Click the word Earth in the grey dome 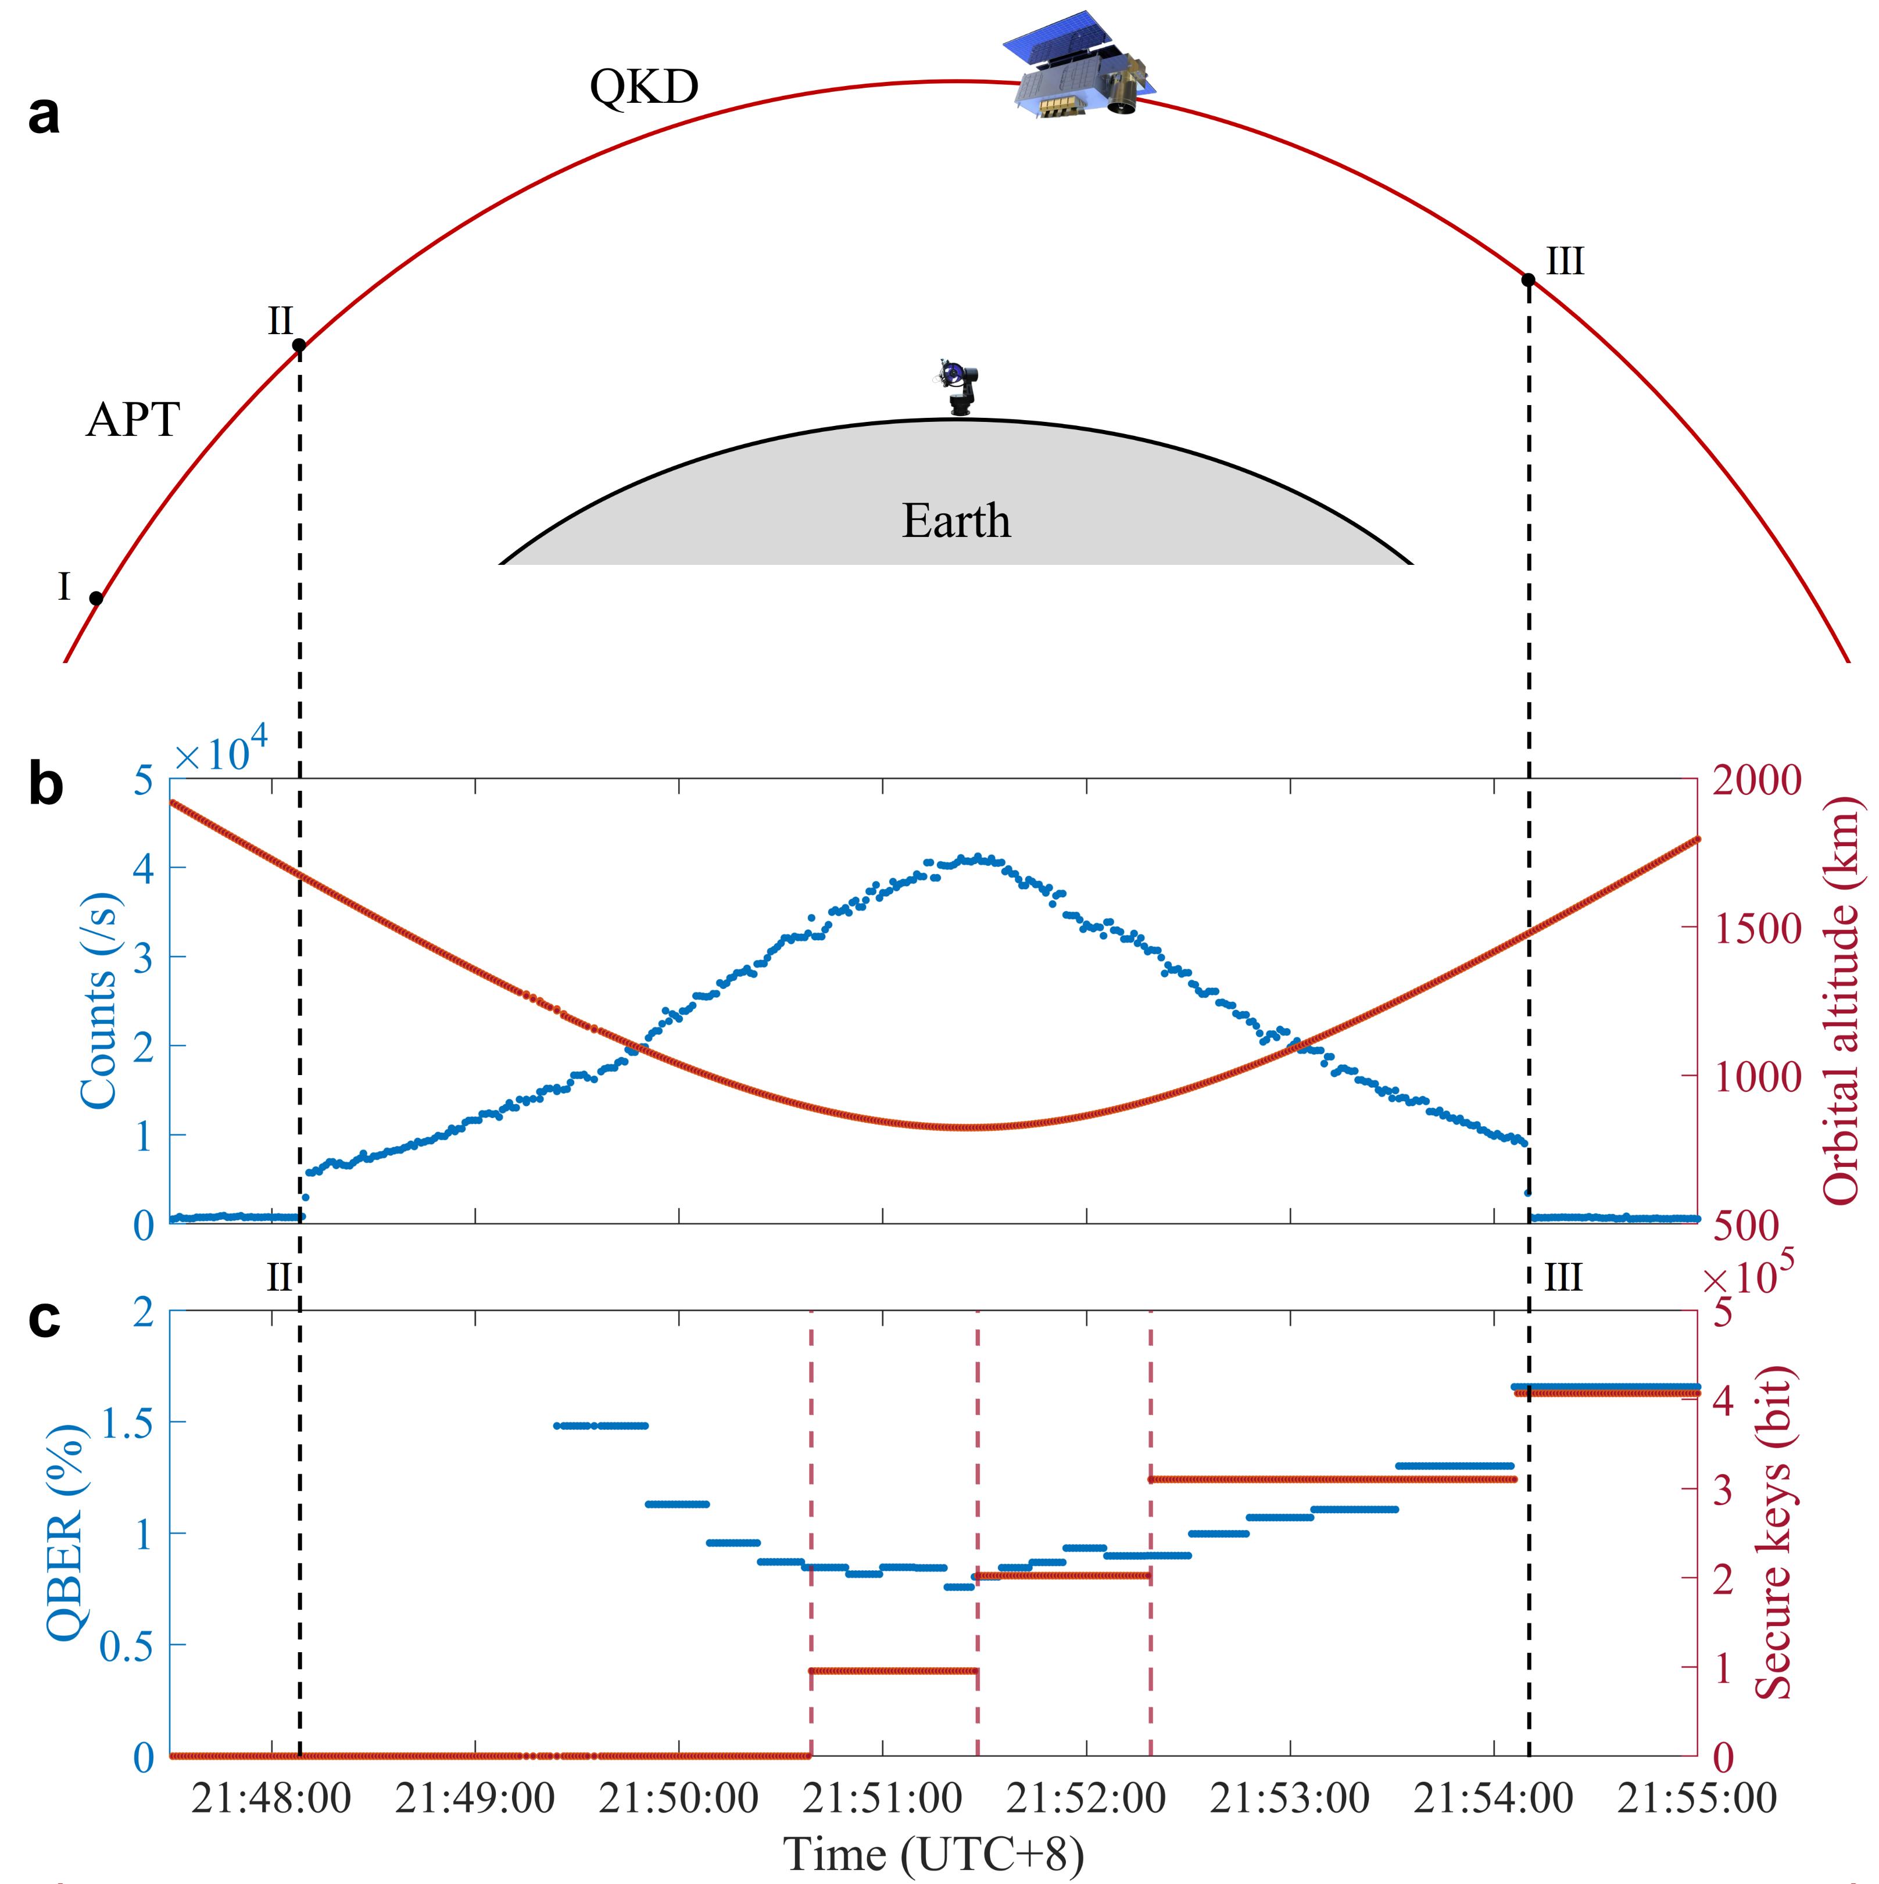coord(955,521)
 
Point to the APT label coord(133,420)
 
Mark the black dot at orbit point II coord(299,345)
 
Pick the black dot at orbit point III coord(1528,281)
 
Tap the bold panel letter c coord(44,1319)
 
